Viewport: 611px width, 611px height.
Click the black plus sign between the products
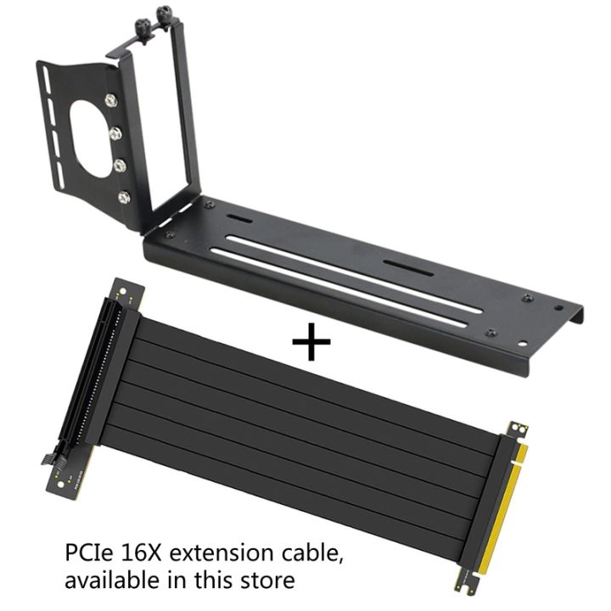311,343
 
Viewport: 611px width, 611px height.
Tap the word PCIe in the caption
88,555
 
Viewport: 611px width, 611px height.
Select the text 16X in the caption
141,555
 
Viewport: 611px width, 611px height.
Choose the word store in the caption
271,581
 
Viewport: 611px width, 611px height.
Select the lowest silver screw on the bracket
125,197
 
